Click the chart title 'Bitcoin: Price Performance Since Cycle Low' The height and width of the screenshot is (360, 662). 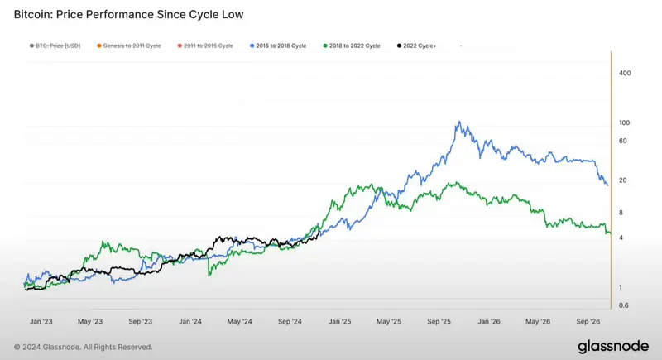click(129, 15)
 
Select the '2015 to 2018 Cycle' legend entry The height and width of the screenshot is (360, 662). click(278, 46)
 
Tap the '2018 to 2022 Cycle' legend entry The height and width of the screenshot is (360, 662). click(352, 46)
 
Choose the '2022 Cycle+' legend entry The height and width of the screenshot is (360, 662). click(417, 46)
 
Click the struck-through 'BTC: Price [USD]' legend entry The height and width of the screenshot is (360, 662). click(55, 46)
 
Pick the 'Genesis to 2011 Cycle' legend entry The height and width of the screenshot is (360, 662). click(129, 46)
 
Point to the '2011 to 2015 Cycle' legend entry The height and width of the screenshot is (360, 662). click(205, 46)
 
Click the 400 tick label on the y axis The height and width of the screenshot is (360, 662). click(625, 73)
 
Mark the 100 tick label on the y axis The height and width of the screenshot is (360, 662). click(625, 122)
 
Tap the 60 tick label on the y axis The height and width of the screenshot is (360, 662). click(623, 141)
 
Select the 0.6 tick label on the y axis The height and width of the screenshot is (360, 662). click(624, 305)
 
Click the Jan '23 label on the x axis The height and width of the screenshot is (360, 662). click(41, 322)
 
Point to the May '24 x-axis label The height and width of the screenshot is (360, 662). click(239, 322)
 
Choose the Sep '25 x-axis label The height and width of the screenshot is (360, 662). click(439, 322)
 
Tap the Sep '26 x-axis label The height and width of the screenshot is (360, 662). click(588, 322)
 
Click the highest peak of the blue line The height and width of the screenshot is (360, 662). click(459, 122)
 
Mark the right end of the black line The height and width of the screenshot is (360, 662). click(319, 228)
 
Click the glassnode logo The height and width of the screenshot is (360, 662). click(613, 346)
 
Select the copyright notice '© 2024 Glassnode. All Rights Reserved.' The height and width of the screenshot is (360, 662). click(84, 347)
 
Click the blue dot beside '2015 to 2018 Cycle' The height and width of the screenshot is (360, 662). click(252, 46)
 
